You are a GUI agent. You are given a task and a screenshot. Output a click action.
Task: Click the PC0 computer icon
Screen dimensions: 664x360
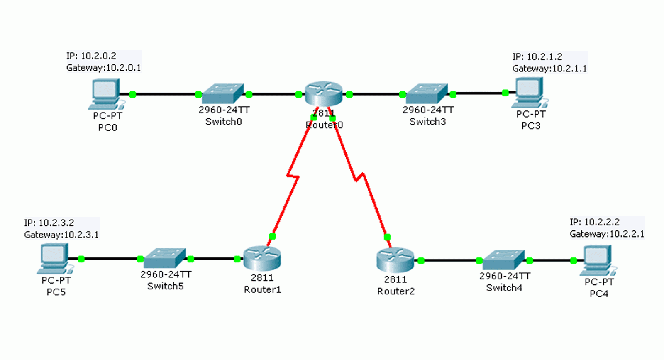(x=106, y=94)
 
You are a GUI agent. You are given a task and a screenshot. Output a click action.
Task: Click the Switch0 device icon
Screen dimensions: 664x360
(x=223, y=94)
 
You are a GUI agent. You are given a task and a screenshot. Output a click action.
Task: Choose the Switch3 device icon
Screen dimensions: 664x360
(x=427, y=94)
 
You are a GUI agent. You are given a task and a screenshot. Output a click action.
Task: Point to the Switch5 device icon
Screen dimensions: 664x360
(x=165, y=258)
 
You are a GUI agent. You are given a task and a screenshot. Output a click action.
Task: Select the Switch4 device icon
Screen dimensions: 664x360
(x=504, y=260)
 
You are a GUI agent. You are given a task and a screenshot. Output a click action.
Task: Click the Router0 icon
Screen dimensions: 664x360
(x=324, y=94)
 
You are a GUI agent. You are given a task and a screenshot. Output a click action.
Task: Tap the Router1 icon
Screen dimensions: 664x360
(x=262, y=258)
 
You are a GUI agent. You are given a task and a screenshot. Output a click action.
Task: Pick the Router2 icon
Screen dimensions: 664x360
(x=395, y=260)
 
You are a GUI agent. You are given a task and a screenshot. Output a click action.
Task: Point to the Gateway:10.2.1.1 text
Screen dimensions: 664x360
(x=549, y=69)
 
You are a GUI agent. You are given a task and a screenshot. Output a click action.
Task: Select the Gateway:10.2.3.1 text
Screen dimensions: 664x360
(x=61, y=235)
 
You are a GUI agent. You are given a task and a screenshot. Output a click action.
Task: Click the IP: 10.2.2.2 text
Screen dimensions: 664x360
(x=595, y=222)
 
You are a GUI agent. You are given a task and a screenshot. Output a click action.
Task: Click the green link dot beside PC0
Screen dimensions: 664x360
(x=133, y=94)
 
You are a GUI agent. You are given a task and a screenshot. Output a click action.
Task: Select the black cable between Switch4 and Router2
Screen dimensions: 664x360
(x=450, y=260)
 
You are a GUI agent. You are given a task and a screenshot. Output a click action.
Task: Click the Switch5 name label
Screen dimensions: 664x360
(x=166, y=286)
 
